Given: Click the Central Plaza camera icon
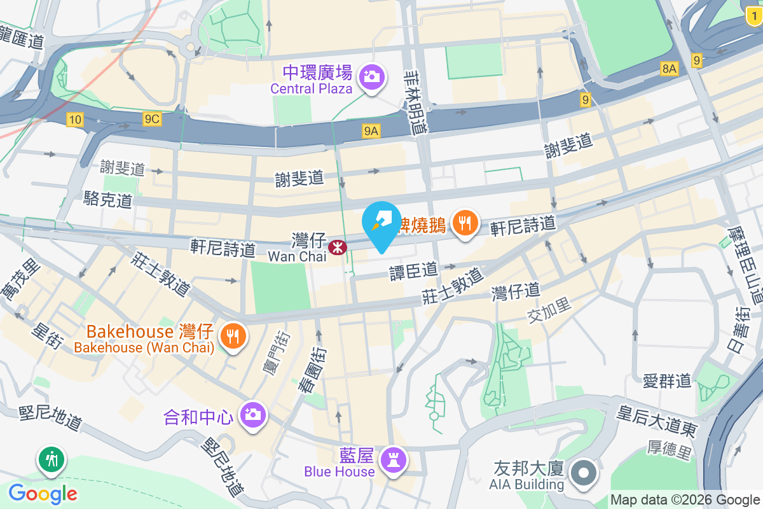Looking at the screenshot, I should [x=371, y=78].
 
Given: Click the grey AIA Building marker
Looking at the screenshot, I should [x=582, y=474].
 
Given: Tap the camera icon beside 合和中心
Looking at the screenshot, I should [x=252, y=415].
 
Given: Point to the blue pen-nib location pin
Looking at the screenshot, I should [x=381, y=223].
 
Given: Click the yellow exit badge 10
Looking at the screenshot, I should [x=75, y=119].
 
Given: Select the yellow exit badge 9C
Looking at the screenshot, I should [x=152, y=119].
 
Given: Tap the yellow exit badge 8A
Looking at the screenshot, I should [x=669, y=69].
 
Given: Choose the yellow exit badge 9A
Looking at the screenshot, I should [x=371, y=131].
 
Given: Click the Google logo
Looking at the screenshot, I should [x=43, y=493].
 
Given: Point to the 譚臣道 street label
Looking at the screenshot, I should [x=414, y=271].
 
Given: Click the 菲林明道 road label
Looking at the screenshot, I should [x=416, y=102].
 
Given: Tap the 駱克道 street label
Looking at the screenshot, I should [x=108, y=200].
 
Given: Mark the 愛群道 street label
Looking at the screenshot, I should [x=667, y=381].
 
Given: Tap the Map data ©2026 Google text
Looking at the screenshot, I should [x=685, y=500].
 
